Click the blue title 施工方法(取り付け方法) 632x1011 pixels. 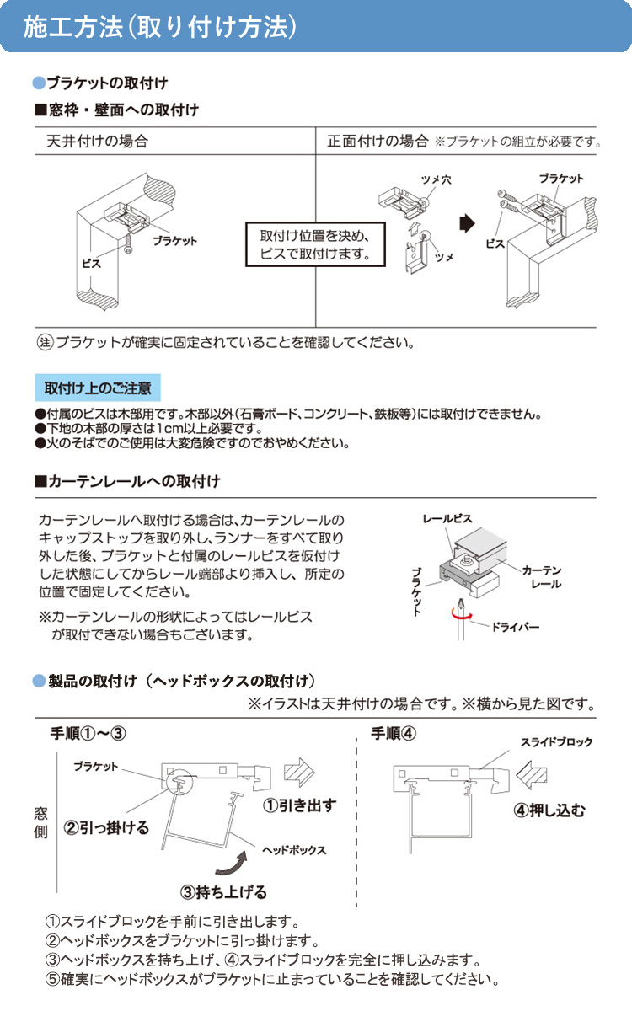point(160,26)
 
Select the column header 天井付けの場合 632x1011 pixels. point(97,142)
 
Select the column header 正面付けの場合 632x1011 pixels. point(378,142)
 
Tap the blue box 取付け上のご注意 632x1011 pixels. point(98,388)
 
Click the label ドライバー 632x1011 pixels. point(514,628)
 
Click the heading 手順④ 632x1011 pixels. point(394,732)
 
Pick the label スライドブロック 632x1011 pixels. point(556,742)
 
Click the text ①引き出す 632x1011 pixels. point(299,805)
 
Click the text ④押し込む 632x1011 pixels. point(550,811)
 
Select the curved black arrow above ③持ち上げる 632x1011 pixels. point(233,861)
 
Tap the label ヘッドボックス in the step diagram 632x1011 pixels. point(294,850)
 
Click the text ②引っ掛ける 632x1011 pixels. point(107,828)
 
